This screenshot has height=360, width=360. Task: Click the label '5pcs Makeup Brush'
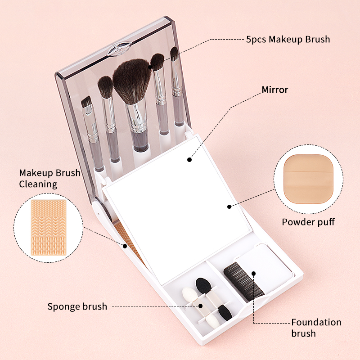(288, 39)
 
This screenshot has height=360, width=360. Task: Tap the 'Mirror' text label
(275, 90)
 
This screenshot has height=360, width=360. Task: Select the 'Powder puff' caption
(308, 222)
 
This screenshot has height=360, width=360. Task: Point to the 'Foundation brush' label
(316, 328)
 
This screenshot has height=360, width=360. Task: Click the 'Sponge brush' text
(77, 306)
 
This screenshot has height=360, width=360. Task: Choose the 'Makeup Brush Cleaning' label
(49, 178)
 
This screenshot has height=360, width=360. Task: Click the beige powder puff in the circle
(308, 179)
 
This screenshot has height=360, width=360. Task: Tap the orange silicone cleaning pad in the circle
(49, 228)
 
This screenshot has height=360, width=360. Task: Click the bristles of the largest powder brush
(131, 81)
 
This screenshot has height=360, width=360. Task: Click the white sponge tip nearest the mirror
(189, 295)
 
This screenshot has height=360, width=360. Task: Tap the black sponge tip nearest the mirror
(203, 286)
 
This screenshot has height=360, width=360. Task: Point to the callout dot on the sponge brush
(200, 306)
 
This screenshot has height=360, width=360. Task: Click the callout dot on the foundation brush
(253, 274)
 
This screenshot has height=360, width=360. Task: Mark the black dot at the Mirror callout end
(189, 160)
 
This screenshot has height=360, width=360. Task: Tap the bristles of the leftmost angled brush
(86, 102)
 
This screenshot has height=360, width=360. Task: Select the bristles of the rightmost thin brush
(174, 54)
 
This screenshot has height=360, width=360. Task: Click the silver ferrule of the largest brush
(137, 116)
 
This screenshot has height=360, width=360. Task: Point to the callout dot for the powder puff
(229, 207)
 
